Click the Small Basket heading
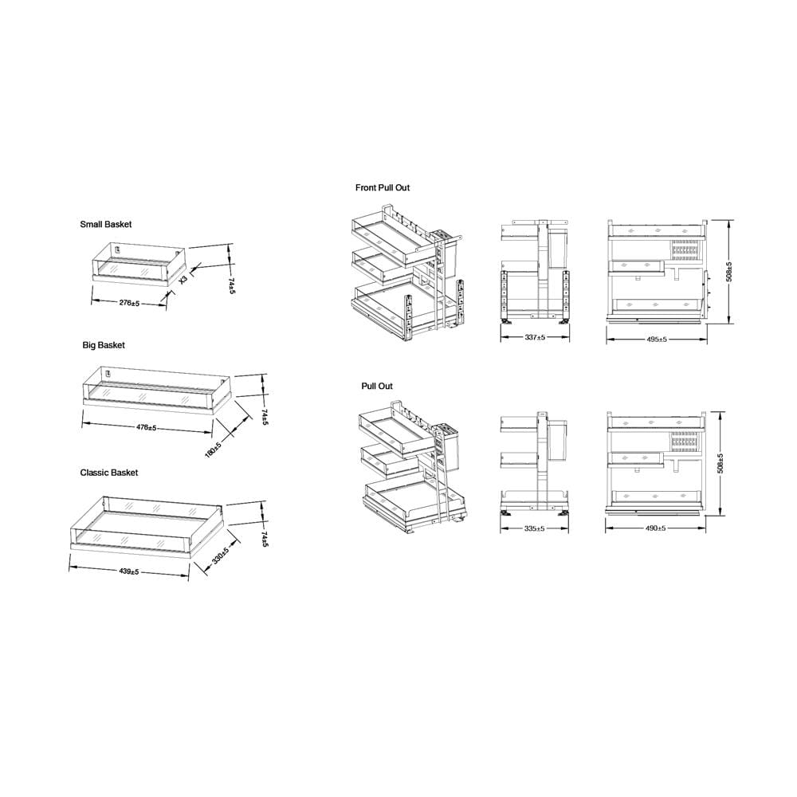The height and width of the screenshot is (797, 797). pyautogui.click(x=106, y=224)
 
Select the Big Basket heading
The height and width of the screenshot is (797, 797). pyautogui.click(x=104, y=345)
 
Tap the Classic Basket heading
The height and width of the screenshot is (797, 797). pyautogui.click(x=108, y=473)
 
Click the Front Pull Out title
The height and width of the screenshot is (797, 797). pyautogui.click(x=383, y=187)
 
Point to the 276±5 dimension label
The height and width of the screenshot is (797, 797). pyautogui.click(x=129, y=303)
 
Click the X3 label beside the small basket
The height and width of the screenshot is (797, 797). pyautogui.click(x=183, y=279)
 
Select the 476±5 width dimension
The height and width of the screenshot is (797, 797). pyautogui.click(x=147, y=427)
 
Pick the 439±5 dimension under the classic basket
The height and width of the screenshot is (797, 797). pyautogui.click(x=129, y=571)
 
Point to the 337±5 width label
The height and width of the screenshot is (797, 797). pyautogui.click(x=536, y=337)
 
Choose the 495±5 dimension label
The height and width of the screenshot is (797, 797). pyautogui.click(x=657, y=339)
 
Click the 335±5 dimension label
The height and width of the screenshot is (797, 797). pyautogui.click(x=534, y=528)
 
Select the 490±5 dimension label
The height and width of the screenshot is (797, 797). pyautogui.click(x=656, y=528)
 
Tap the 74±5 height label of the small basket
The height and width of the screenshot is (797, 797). pyautogui.click(x=231, y=285)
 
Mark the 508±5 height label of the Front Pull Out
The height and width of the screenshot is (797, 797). pyautogui.click(x=729, y=272)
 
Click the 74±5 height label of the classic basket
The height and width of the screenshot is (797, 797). pyautogui.click(x=265, y=540)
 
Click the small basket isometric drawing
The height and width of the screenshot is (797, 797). pyautogui.click(x=139, y=263)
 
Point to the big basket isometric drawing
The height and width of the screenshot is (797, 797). pyautogui.click(x=156, y=391)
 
